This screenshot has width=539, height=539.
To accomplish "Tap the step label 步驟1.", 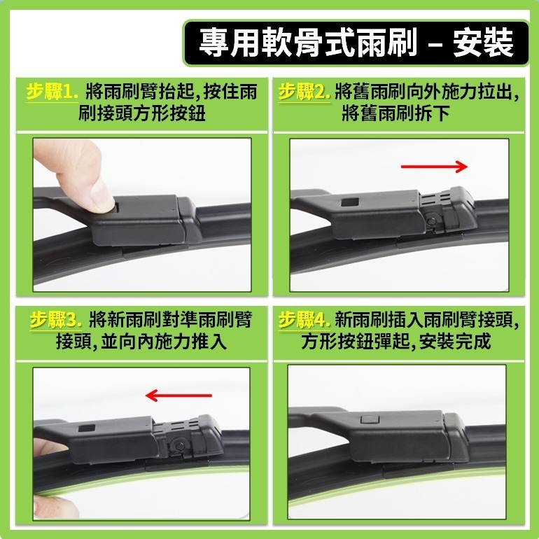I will (52, 92).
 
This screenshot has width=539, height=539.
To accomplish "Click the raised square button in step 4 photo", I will (367, 420).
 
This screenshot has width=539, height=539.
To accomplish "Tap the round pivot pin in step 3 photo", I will (180, 444).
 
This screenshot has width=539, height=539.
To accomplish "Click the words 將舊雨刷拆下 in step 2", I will (395, 113).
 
